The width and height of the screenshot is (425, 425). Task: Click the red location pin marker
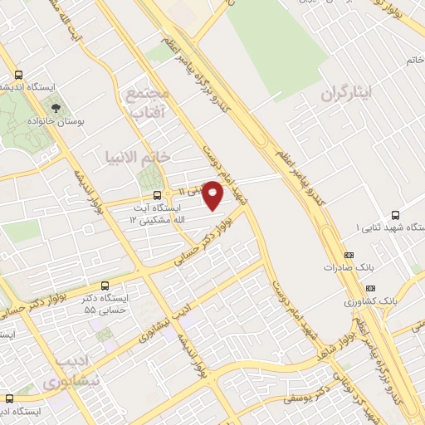pyautogui.click(x=213, y=196)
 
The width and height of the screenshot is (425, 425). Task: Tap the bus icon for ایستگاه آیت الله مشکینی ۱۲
pyautogui.click(x=158, y=196)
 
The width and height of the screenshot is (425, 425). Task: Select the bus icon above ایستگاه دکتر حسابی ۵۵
pyautogui.click(x=104, y=285)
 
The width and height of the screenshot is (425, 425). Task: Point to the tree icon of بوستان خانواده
pyautogui.click(x=56, y=107)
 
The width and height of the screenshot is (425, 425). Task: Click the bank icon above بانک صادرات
pyautogui.click(x=348, y=255)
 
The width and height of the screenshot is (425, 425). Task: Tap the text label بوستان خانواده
pyautogui.click(x=56, y=121)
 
